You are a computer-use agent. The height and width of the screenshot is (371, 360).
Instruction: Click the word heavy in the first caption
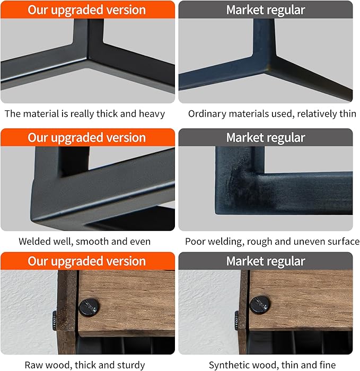point(152,114)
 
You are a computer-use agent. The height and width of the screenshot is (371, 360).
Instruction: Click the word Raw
point(32,365)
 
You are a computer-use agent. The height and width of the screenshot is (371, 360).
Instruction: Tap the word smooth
point(92,241)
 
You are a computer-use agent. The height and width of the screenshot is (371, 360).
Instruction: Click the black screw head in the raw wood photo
point(89,308)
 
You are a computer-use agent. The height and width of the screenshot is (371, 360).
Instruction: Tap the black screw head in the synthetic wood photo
point(260,305)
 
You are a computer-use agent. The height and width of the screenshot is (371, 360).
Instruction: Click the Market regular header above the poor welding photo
point(266,137)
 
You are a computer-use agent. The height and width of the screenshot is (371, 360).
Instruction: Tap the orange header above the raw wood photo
point(87,261)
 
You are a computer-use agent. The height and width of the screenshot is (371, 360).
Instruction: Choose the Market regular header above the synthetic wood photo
point(266,261)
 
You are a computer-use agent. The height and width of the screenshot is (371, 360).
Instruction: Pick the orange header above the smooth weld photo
point(87,137)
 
